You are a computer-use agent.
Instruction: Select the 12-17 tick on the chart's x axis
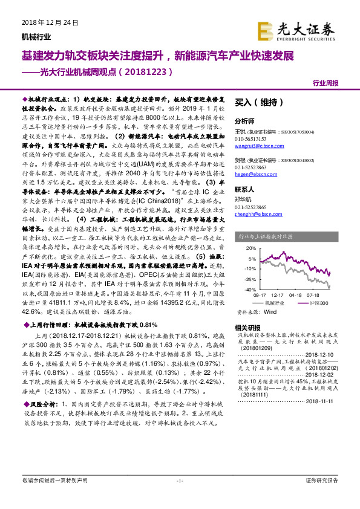[x=283, y=295]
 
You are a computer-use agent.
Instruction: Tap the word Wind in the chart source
[x=270, y=312]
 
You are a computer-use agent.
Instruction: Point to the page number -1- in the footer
[x=179, y=481]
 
